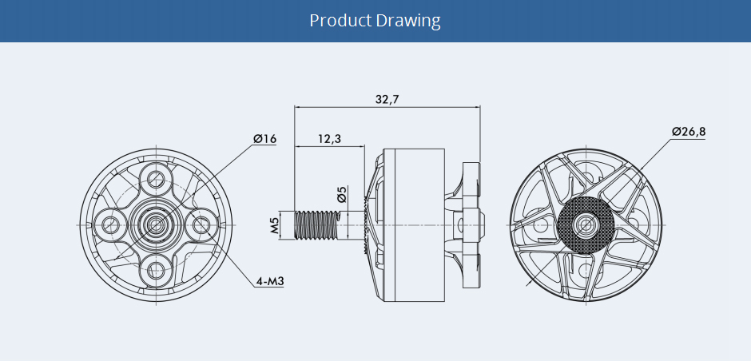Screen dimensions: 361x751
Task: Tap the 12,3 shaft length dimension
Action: [329, 139]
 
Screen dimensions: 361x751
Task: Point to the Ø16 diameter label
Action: [264, 140]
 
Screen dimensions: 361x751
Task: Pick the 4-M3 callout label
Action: [269, 281]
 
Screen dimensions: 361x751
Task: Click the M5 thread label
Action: [275, 226]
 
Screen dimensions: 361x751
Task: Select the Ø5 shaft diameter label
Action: [342, 195]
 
